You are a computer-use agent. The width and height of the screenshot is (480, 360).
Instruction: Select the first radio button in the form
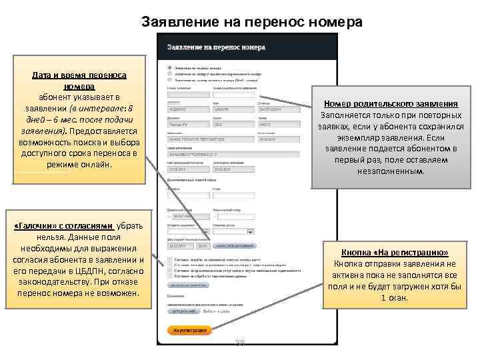coord(169,67)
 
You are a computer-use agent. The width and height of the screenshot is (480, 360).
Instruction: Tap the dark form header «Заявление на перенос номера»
coord(216,48)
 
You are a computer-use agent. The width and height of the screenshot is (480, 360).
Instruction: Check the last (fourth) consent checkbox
coord(169,275)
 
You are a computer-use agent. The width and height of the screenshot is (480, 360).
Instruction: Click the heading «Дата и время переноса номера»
coord(80,81)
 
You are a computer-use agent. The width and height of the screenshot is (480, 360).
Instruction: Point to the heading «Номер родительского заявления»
coord(390,104)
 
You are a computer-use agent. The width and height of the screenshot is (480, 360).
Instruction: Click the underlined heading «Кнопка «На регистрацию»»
coord(394,253)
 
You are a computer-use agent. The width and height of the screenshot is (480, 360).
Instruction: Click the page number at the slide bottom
coord(241,344)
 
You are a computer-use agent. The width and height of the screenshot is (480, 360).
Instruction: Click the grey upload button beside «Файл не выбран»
coord(181,311)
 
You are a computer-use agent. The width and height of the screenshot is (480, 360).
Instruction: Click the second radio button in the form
coord(169,73)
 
